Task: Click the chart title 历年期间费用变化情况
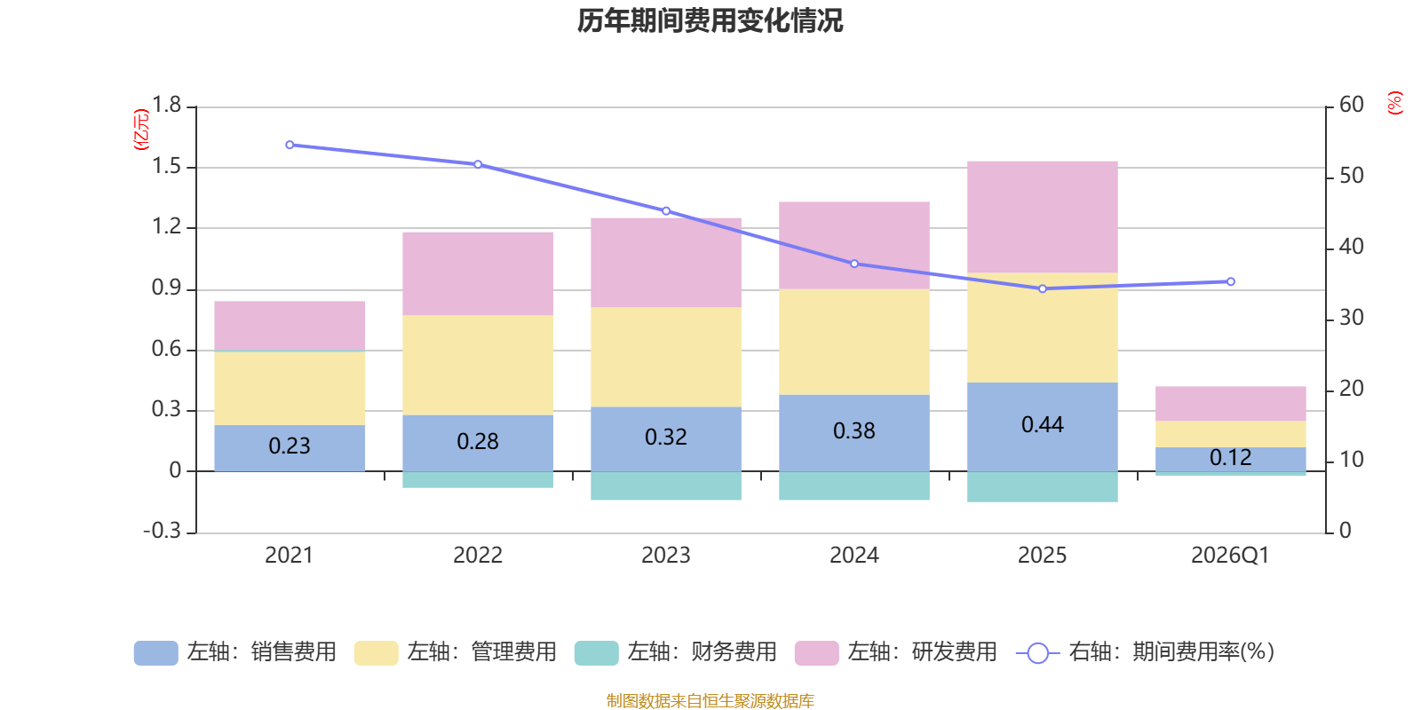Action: click(x=710, y=20)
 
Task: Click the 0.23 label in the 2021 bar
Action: click(x=290, y=446)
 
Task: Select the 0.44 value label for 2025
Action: click(x=1042, y=425)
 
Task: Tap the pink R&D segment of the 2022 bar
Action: click(x=478, y=273)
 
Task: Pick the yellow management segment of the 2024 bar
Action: click(x=854, y=342)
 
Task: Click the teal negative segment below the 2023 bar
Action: click(x=666, y=486)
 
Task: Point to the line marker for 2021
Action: click(x=290, y=145)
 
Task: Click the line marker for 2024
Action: click(x=854, y=264)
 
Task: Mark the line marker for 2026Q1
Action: click(x=1230, y=281)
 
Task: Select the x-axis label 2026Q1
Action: click(x=1230, y=556)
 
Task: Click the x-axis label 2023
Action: click(x=666, y=556)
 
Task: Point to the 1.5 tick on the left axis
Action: click(x=166, y=167)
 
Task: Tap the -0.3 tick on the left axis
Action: click(x=162, y=531)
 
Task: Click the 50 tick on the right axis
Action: click(x=1351, y=176)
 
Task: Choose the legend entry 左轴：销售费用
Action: click(x=235, y=652)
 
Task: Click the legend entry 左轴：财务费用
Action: click(x=676, y=652)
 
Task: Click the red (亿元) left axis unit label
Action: click(x=141, y=130)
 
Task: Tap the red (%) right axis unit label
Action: click(x=1395, y=103)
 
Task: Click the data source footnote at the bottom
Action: click(x=710, y=701)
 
